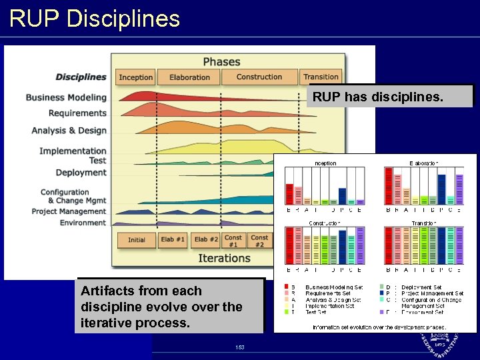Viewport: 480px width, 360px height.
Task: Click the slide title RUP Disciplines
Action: pyautogui.click(x=95, y=18)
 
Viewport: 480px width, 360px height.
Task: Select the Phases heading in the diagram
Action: pyautogui.click(x=221, y=61)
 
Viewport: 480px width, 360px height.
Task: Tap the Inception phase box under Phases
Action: pyautogui.click(x=136, y=77)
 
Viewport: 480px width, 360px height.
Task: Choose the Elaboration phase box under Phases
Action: pyautogui.click(x=189, y=77)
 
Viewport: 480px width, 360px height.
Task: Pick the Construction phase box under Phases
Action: pyautogui.click(x=259, y=77)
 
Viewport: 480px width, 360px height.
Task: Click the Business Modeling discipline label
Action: pyautogui.click(x=66, y=97)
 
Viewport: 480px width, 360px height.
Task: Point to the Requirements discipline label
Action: pyautogui.click(x=77, y=113)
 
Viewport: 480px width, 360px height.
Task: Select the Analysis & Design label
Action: pyautogui.click(x=69, y=131)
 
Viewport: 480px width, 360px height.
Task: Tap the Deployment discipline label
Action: pyautogui.click(x=81, y=173)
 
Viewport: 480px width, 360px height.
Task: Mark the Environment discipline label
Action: pyautogui.click(x=83, y=223)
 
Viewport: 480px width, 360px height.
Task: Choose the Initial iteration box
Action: pyautogui.click(x=137, y=239)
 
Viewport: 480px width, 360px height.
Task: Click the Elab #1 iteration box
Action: pyautogui.click(x=173, y=239)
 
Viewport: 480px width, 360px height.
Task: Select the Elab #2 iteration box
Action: pyautogui.click(x=206, y=239)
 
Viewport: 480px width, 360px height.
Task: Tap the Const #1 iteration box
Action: pyautogui.click(x=233, y=240)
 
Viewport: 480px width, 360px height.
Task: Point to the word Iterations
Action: pyautogui.click(x=224, y=258)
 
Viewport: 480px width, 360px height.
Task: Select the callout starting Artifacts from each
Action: pyautogui.click(x=169, y=307)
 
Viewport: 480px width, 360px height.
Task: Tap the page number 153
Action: pyautogui.click(x=239, y=347)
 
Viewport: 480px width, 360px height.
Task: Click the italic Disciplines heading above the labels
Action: pyautogui.click(x=81, y=77)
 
